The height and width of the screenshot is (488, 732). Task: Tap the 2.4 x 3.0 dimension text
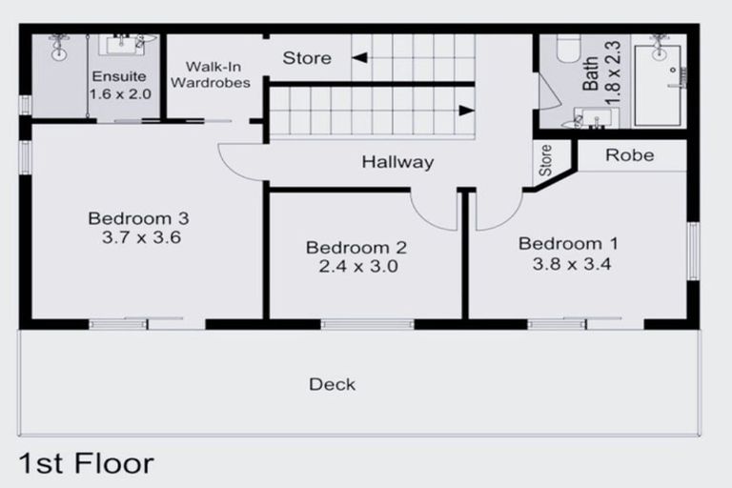(356, 267)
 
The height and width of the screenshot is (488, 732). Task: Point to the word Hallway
(396, 163)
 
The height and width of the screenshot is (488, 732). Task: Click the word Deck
(332, 384)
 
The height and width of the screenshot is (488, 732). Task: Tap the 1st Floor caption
(86, 464)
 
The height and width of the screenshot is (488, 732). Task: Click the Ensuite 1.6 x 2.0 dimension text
(119, 94)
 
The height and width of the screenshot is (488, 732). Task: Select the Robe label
(630, 154)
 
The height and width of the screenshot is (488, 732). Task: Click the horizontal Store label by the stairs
(307, 58)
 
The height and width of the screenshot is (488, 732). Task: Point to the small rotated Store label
(546, 161)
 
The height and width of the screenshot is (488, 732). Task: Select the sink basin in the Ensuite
(122, 44)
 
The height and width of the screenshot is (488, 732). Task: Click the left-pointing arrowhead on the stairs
(358, 59)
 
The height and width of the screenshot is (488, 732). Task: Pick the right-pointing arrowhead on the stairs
(466, 110)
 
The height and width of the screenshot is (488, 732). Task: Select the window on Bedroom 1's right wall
(694, 251)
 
